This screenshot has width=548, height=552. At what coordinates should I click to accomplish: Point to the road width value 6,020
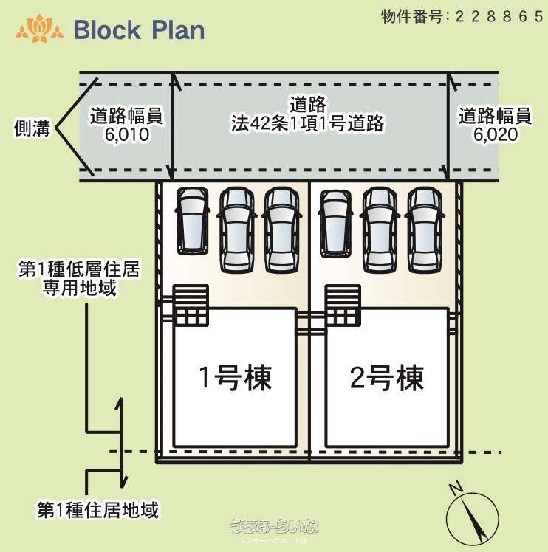pyautogui.click(x=495, y=135)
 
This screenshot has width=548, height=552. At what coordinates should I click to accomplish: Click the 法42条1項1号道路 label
pyautogui.click(x=307, y=123)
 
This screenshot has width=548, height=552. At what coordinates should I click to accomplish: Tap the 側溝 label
pyautogui.click(x=32, y=128)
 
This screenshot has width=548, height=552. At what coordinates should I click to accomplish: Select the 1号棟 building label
pyautogui.click(x=235, y=378)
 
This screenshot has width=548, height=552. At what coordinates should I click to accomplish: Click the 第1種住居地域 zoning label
pyautogui.click(x=98, y=509)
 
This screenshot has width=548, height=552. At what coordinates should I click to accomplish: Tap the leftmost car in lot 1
pyautogui.click(x=192, y=220)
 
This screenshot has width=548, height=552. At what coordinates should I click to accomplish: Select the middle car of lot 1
pyautogui.click(x=236, y=229)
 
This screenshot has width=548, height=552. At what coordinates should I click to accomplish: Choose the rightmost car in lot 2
pyautogui.click(x=424, y=229)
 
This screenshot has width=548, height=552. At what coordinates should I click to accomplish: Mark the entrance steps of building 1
pyautogui.click(x=191, y=305)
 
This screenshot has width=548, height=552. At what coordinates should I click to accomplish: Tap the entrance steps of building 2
pyautogui.click(x=343, y=305)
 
